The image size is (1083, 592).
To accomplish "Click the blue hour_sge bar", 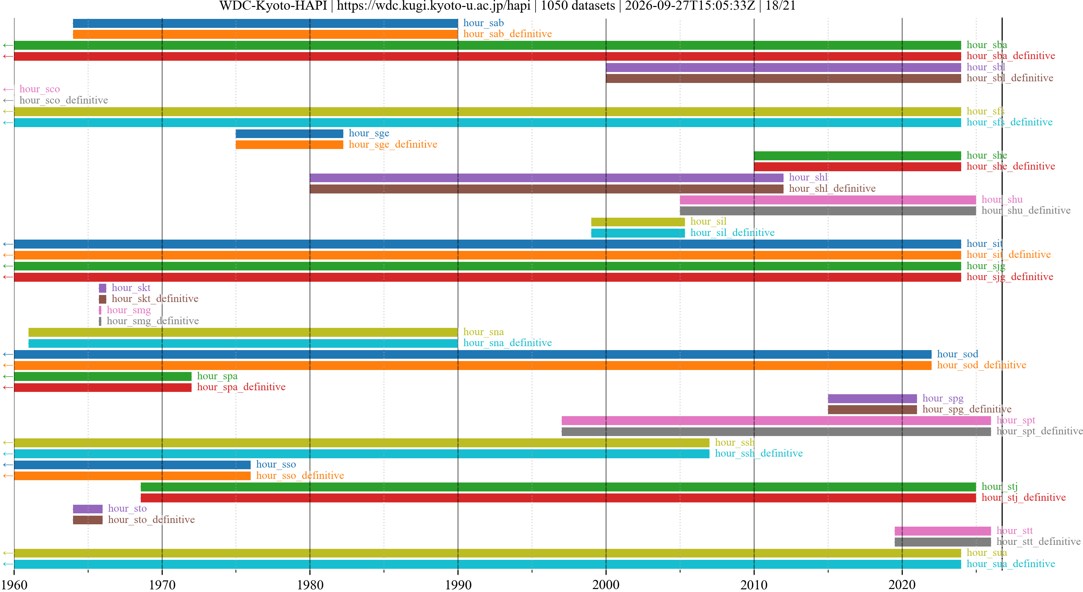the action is pos(289,134).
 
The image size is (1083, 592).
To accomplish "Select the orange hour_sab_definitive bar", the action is pos(265,34).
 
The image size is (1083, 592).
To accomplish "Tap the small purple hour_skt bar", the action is pos(103,288).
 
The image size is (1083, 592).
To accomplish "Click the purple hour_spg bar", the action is pos(873,398).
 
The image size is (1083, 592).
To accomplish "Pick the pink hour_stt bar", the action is pos(943,531).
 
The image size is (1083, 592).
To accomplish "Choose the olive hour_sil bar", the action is pos(638,222).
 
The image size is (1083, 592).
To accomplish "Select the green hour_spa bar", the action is pos(103,376).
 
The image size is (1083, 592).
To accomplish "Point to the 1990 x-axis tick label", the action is pos(458,584).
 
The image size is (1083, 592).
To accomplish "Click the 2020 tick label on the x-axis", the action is pos(902,584).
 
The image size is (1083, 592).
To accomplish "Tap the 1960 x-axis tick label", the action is pos(14,584).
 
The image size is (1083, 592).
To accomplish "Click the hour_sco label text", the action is pos(40,89).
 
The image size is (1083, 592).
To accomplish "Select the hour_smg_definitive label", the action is pos(153,321).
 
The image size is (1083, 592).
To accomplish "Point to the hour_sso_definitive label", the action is pos(300,476).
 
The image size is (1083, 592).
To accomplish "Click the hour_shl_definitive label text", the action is pos(832,188).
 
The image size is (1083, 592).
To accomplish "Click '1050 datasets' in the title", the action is pos(578,6).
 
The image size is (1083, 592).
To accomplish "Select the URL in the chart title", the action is pos(434,6).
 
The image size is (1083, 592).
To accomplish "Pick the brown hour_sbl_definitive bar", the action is pos(783,79).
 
